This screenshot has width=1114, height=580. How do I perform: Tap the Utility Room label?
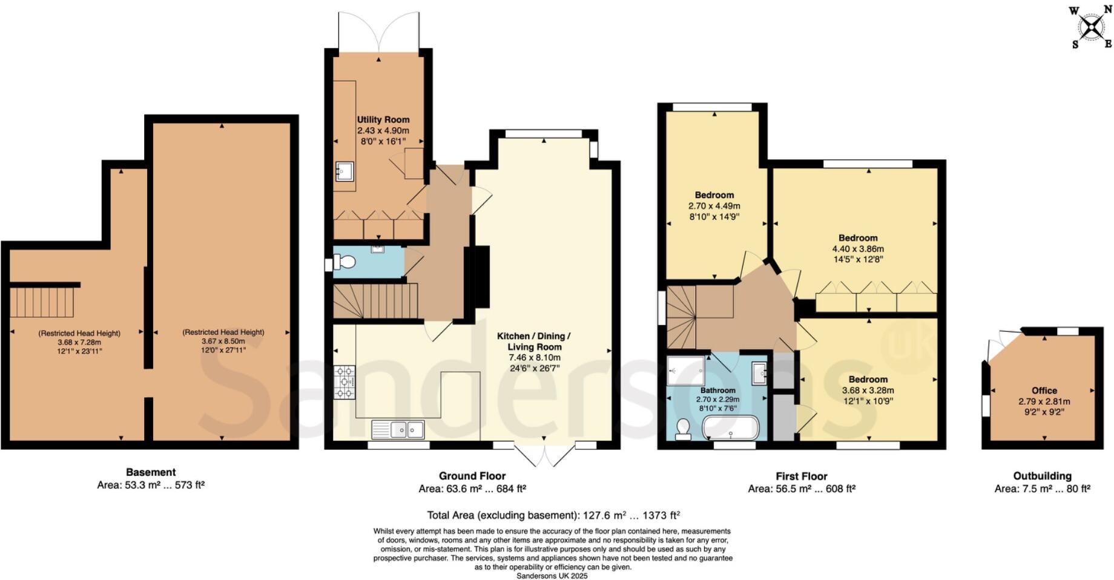(x=383, y=120)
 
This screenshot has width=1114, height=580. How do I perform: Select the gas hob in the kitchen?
(x=345, y=382)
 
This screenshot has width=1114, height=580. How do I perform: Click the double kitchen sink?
(x=398, y=429)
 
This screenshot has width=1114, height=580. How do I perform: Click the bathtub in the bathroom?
(x=730, y=427)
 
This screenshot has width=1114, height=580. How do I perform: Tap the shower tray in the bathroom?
(x=686, y=370)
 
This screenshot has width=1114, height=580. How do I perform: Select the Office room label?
(x=1044, y=391)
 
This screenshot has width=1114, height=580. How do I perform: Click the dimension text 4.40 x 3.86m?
(x=858, y=249)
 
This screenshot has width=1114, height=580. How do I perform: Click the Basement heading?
(x=151, y=472)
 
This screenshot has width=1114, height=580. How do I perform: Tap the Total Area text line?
(x=553, y=515)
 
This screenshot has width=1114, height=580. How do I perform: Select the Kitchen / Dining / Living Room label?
(x=534, y=341)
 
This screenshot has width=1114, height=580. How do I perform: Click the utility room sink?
(x=343, y=172)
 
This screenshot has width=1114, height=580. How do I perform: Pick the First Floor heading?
(x=801, y=476)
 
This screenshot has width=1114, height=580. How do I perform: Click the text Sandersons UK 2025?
(x=552, y=576)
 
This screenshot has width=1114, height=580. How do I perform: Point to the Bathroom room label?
(x=717, y=391)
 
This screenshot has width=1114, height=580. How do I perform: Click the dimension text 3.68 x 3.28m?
(x=868, y=391)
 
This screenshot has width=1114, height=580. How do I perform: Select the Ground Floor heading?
(x=472, y=476)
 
